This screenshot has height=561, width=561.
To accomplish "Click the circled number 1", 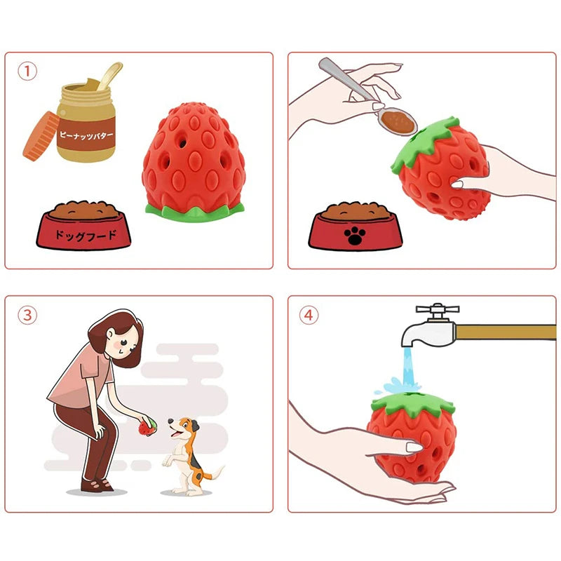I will (x=27, y=71).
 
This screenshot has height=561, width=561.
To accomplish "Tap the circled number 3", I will (x=27, y=315).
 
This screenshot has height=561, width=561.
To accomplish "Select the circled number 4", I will (x=309, y=315).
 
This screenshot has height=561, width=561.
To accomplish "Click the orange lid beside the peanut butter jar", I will (x=41, y=134).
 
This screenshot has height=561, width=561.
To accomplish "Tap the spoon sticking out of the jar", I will (x=109, y=75).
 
